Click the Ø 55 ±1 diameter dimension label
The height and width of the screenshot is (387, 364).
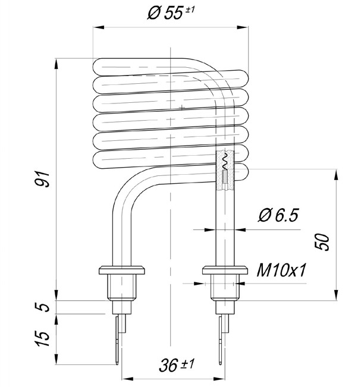point(171,13)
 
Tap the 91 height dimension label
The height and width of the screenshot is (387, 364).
point(42,179)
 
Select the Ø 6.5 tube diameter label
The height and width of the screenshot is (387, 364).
point(278,215)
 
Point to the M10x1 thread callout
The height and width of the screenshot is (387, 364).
point(281,270)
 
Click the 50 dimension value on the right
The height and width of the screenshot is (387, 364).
point(322,242)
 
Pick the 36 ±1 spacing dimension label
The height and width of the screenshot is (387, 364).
point(177,365)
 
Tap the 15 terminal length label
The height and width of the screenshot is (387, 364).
point(42,338)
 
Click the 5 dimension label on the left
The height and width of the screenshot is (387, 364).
point(42,307)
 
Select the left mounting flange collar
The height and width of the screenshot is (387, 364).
point(122,270)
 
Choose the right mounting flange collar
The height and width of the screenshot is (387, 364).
point(225,270)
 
